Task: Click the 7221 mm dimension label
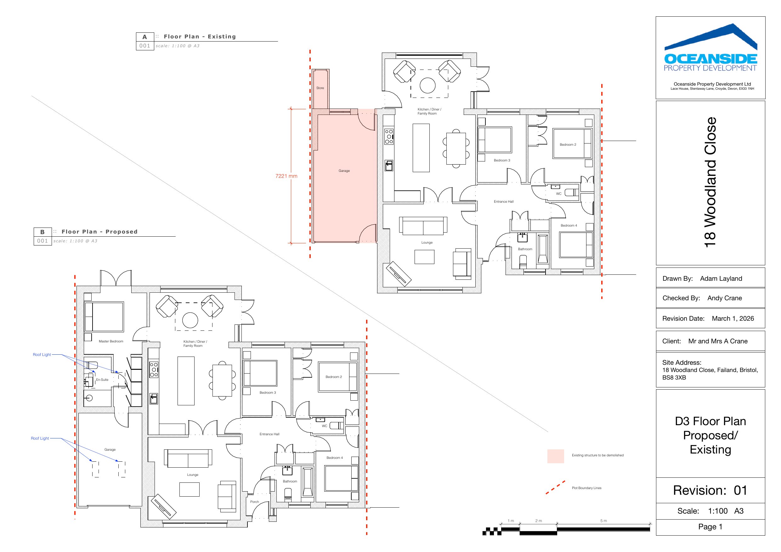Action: [x=286, y=176]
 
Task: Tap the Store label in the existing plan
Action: [x=320, y=88]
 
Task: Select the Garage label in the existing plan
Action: [x=344, y=171]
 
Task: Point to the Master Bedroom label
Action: [x=111, y=341]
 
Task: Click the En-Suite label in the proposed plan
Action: [x=102, y=380]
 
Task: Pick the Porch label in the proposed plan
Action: [x=254, y=502]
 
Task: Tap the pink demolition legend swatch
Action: [x=556, y=456]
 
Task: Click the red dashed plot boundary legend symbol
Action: [x=556, y=487]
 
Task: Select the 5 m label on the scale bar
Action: [x=603, y=521]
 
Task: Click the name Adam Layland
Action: [x=721, y=279]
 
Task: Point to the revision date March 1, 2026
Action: [x=733, y=319]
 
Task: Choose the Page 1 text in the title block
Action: [x=710, y=527]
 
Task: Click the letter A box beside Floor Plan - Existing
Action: [x=145, y=37]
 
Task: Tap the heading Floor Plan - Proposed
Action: [x=100, y=232]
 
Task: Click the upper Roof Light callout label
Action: [x=42, y=354]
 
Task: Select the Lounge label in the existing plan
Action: [x=427, y=243]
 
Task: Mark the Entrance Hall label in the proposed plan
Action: [x=269, y=434]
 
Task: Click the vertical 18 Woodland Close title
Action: [x=710, y=182]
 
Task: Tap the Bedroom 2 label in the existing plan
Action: [x=568, y=144]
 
